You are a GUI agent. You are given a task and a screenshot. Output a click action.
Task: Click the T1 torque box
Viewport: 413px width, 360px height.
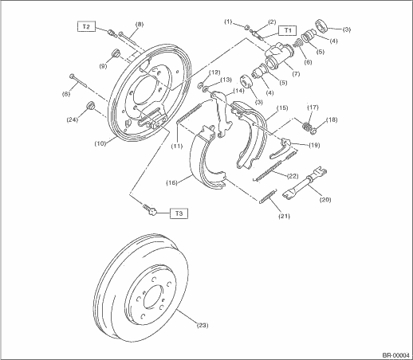coord(287,30)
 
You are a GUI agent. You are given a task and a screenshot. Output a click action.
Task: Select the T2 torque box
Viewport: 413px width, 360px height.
coord(86,26)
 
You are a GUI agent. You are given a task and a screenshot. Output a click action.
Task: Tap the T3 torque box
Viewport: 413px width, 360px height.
coord(179,213)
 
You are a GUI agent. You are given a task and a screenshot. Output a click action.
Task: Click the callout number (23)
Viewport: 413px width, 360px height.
coord(203,325)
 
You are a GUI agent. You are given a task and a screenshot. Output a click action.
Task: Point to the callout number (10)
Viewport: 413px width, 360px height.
coord(100,143)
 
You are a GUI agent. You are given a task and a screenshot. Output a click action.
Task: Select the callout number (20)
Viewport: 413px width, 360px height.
coord(325,199)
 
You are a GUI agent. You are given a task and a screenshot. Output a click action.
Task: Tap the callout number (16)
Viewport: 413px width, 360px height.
coord(171,182)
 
